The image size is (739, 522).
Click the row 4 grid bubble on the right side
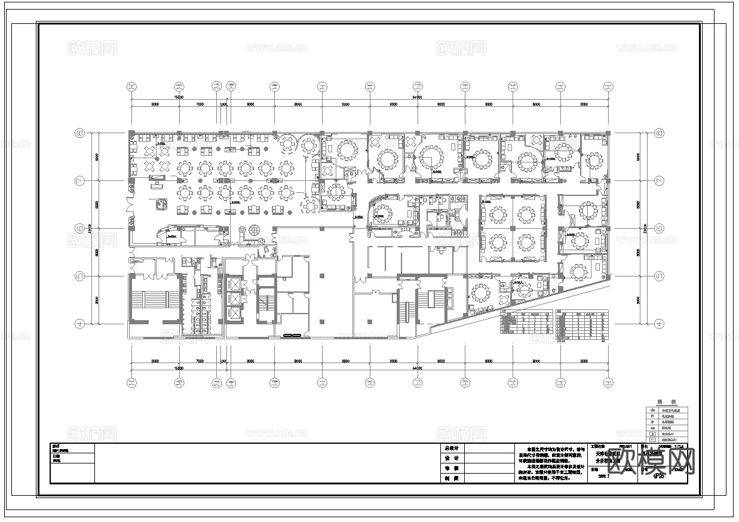[660, 324]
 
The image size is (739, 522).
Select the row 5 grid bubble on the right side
[660, 276]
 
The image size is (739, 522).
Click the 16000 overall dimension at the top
[178, 96]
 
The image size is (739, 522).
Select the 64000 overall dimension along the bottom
[416, 369]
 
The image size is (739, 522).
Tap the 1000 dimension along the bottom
[225, 361]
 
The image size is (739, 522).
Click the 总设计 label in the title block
[451, 448]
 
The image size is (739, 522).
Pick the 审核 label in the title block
[451, 468]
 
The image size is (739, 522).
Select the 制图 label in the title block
[451, 478]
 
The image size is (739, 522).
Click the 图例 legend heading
[666, 403]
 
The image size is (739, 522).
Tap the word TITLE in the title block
[679, 446]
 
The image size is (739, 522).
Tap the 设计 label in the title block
[451, 458]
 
